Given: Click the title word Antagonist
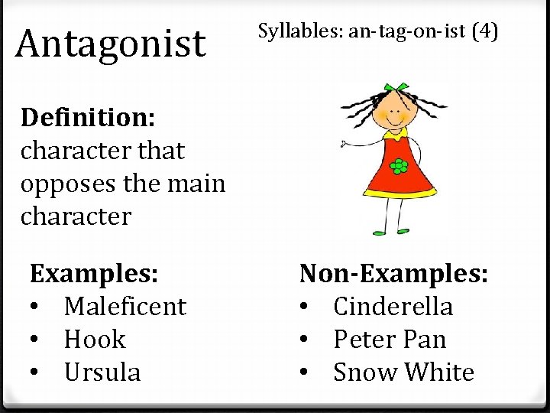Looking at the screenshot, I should click(x=111, y=44).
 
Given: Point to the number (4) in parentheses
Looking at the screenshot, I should click(x=485, y=32).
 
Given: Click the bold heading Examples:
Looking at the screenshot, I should click(x=94, y=273).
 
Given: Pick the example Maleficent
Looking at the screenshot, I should click(x=125, y=307).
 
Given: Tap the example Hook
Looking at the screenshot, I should click(x=95, y=340).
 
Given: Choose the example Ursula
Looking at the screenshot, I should click(x=102, y=372).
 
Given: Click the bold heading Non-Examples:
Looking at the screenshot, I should click(x=393, y=273).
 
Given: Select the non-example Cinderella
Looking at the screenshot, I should click(x=393, y=307).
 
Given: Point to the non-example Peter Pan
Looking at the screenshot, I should click(x=390, y=340).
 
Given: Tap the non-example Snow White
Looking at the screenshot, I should click(x=403, y=372).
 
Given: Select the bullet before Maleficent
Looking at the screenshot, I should click(x=36, y=307).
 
